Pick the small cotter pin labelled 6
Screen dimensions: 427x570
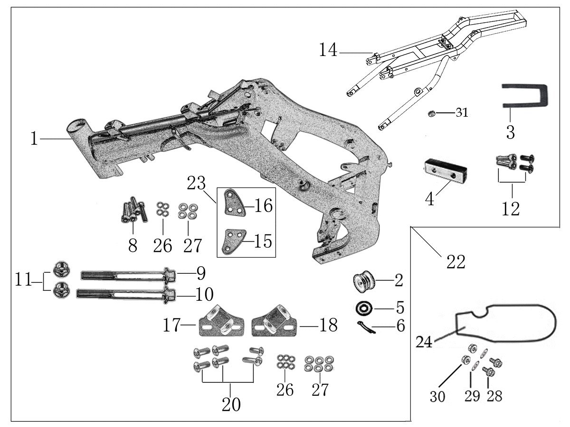366,327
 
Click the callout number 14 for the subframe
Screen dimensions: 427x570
328,50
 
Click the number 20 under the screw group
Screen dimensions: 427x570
231,405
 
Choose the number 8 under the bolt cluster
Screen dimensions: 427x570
133,245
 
